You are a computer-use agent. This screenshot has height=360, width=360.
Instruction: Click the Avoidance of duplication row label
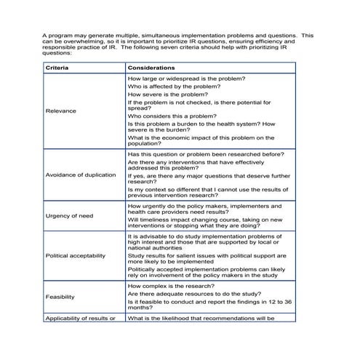point(80,175)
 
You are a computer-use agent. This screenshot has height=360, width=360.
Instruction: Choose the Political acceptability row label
point(75,255)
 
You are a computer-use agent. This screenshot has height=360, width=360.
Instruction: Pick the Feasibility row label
point(60,297)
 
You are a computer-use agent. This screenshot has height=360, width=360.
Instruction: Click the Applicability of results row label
point(80,318)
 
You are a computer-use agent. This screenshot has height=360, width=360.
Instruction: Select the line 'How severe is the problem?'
point(168,95)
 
